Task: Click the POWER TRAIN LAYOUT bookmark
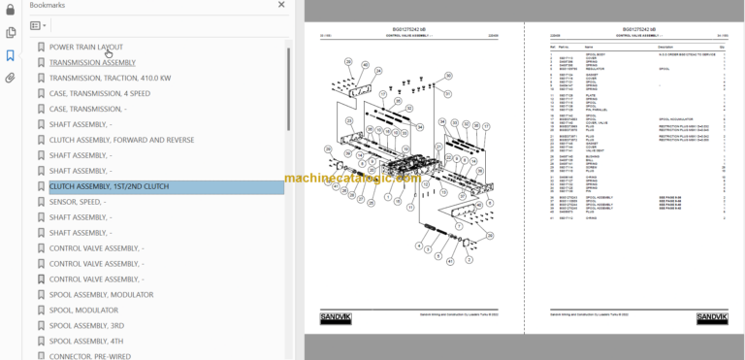pos(86,47)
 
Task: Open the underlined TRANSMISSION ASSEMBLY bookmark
pos(92,62)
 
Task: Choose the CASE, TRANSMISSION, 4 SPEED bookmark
pos(100,93)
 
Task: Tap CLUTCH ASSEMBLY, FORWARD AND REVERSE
pos(121,140)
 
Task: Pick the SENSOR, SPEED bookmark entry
pos(78,202)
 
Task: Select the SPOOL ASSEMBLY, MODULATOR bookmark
pos(101,294)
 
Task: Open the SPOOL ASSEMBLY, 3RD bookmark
pos(86,325)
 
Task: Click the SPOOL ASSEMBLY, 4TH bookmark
pos(86,341)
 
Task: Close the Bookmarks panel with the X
pos(281,5)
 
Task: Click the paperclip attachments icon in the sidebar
pos(10,78)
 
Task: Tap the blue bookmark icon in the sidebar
pos(10,55)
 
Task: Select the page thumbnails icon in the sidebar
pos(10,33)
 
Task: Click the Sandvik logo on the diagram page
pos(335,317)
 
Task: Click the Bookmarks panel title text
pos(47,5)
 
